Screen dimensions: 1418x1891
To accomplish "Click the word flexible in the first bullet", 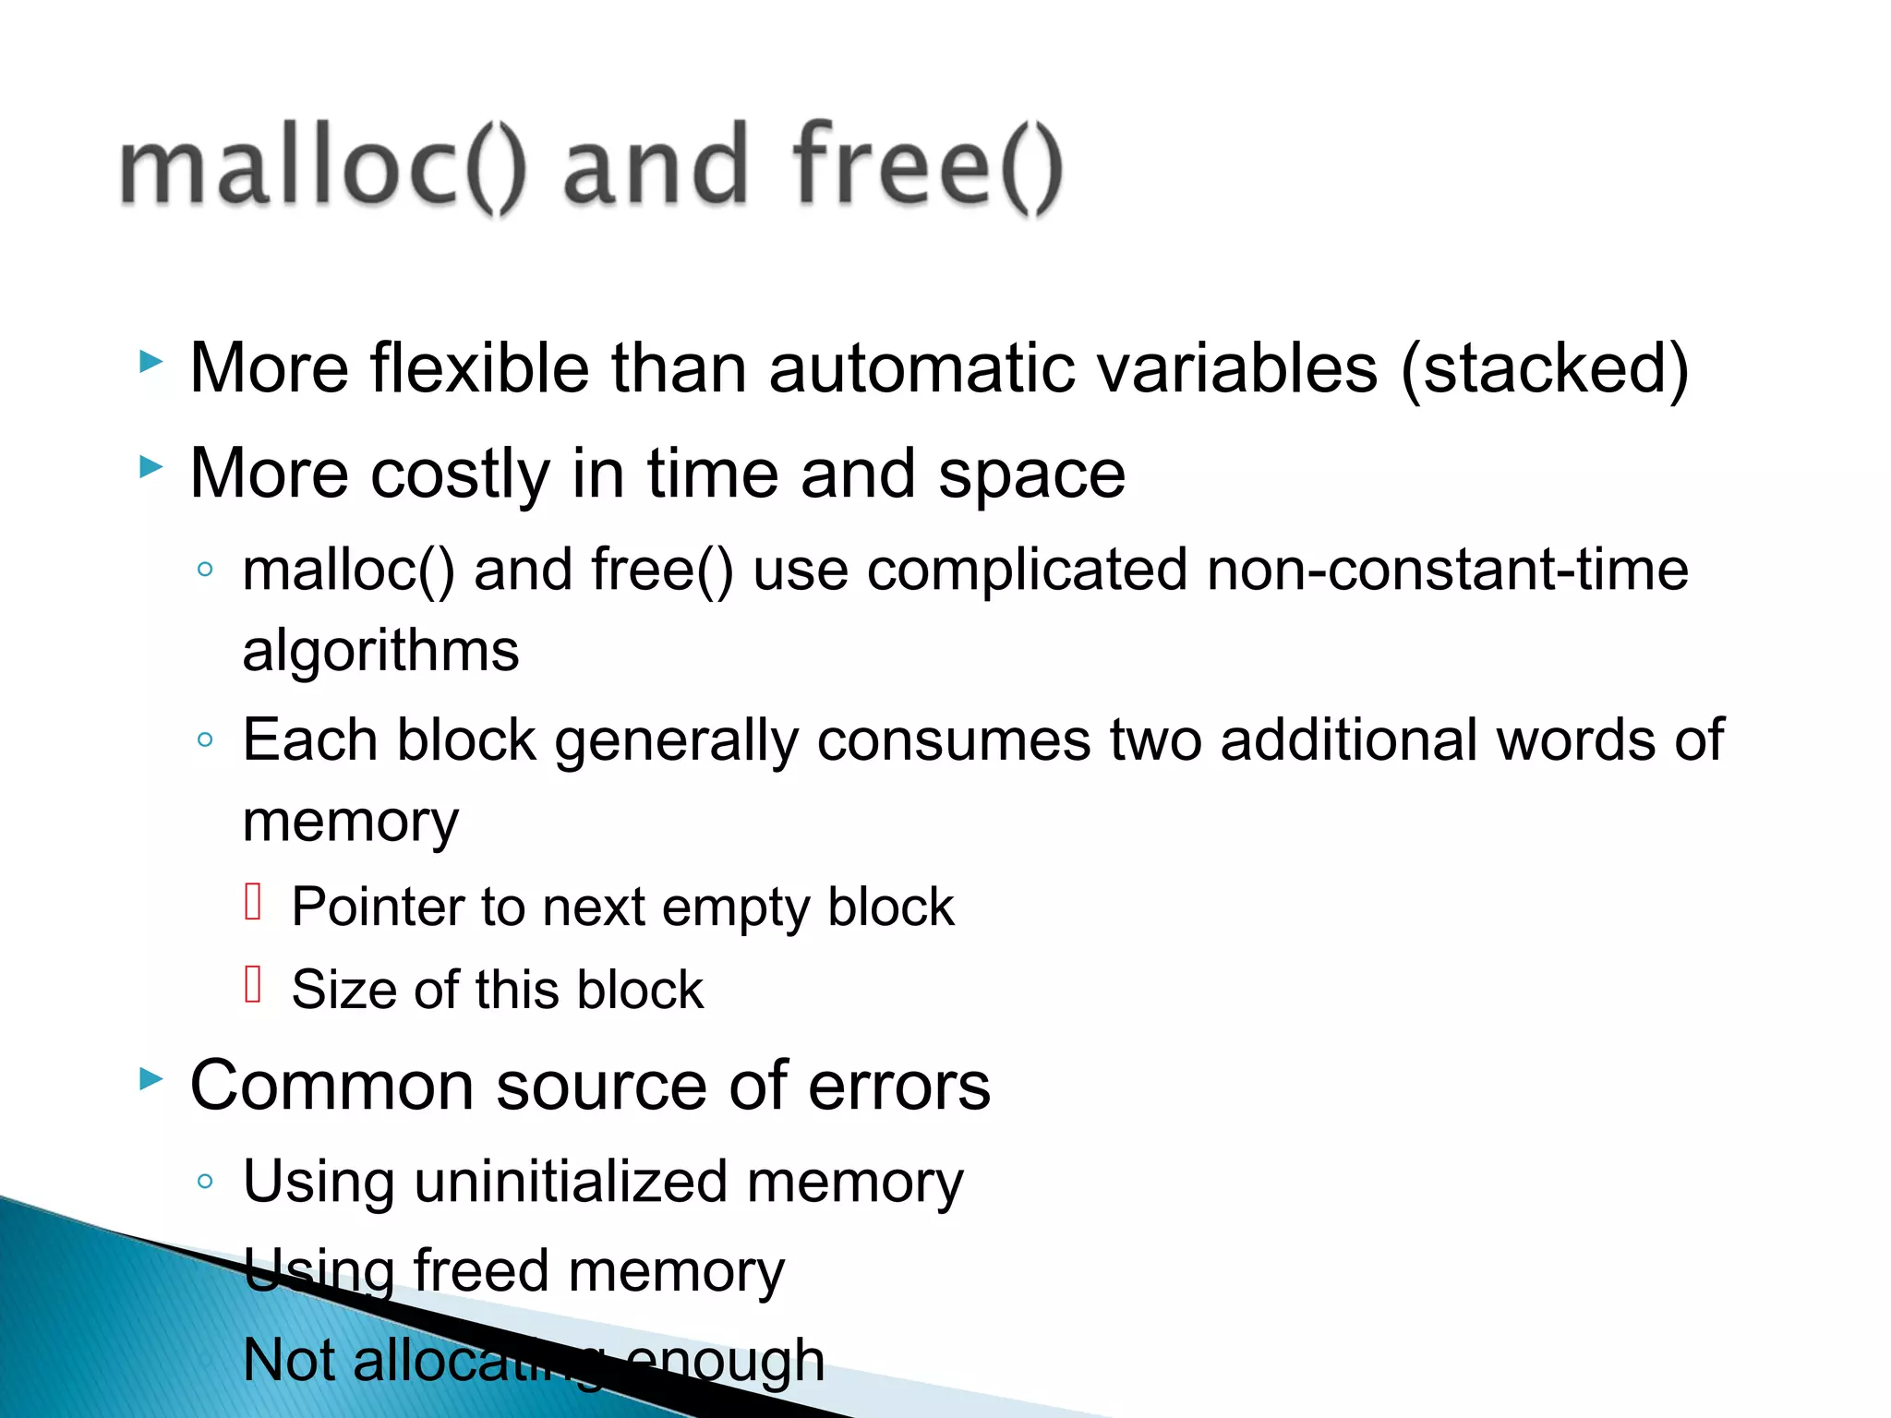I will pyautogui.click(x=479, y=368).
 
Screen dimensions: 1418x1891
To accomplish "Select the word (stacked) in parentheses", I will pyautogui.click(x=1545, y=368).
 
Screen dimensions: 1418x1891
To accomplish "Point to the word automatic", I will pyautogui.click(x=924, y=368).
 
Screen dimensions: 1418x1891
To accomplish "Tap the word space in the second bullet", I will pyautogui.click(x=1031, y=475).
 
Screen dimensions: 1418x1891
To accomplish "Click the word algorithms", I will pyautogui.click(x=380, y=651).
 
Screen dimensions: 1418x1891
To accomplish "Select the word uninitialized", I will pyautogui.click(x=572, y=1182).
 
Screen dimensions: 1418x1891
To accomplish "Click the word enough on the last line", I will pyautogui.click(x=725, y=1360).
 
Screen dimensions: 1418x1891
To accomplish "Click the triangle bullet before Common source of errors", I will pyautogui.click(x=151, y=1077).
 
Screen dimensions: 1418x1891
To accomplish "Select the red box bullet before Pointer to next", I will pyautogui.click(x=254, y=902).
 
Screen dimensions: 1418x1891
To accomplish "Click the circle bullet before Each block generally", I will pyautogui.click(x=205, y=739).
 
